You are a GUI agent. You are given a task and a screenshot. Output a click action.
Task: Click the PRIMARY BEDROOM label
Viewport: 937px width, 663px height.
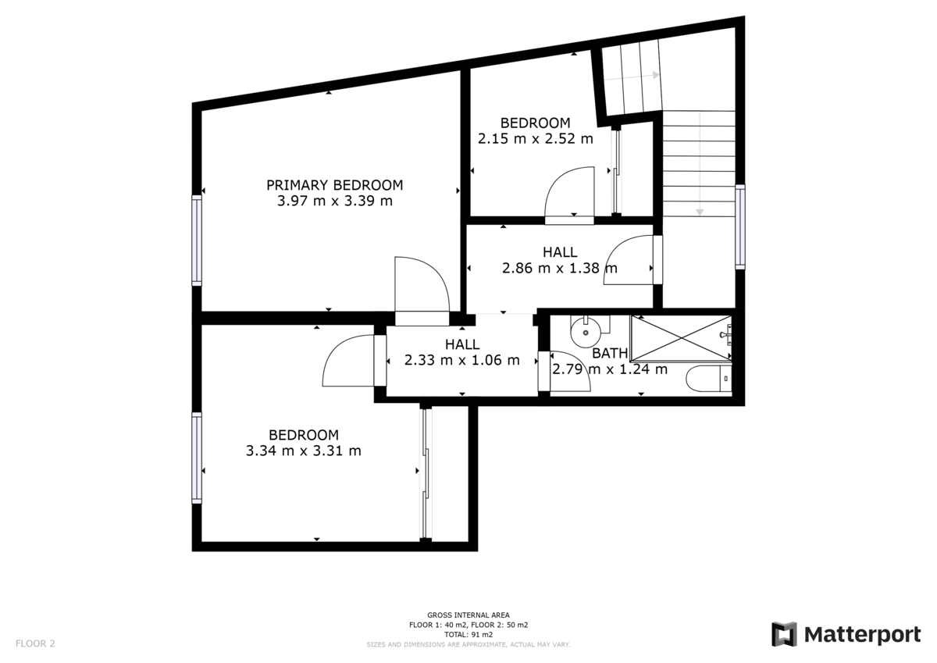pos(334,185)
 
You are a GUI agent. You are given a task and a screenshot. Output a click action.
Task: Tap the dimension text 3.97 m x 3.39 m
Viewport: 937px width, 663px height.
pos(334,201)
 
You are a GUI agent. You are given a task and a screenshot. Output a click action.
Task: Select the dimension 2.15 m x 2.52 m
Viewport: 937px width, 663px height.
pos(535,138)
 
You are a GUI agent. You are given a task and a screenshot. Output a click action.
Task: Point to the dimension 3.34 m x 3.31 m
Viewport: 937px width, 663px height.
pos(303,451)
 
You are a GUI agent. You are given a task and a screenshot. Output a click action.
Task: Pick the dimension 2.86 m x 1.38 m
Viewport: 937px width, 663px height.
pos(559,268)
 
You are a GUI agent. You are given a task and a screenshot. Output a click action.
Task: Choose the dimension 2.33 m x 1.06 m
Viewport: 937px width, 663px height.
pos(461,360)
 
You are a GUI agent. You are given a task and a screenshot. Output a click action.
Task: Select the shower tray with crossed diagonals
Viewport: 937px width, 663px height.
pos(681,338)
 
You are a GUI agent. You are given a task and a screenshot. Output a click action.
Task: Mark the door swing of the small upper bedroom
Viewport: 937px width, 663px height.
pos(569,195)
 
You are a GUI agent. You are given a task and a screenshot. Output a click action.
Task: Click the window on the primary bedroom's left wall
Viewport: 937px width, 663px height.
pos(197,240)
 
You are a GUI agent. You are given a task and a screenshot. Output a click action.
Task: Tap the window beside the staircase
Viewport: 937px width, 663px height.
pos(739,226)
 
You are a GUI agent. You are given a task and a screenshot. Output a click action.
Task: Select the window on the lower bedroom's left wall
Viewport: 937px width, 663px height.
pos(197,458)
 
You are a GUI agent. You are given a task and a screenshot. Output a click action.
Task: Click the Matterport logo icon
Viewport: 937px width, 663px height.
pos(784,634)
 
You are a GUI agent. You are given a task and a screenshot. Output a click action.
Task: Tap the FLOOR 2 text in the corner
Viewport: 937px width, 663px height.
pos(35,644)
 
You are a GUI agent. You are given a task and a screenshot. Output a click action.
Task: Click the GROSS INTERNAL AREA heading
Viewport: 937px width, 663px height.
pos(468,615)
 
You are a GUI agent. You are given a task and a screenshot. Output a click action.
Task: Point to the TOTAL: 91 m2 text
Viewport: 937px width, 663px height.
pos(468,635)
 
